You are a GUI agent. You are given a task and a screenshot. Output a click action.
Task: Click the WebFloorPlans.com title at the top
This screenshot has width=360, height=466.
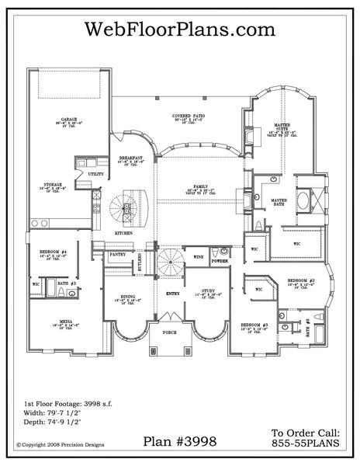(x=179, y=30)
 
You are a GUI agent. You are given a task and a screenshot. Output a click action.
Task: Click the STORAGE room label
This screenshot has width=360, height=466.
(x=54, y=184)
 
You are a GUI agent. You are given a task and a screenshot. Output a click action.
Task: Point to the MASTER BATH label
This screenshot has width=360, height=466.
(x=279, y=200)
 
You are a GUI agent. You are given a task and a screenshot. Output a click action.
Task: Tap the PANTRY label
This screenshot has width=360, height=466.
(x=119, y=253)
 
